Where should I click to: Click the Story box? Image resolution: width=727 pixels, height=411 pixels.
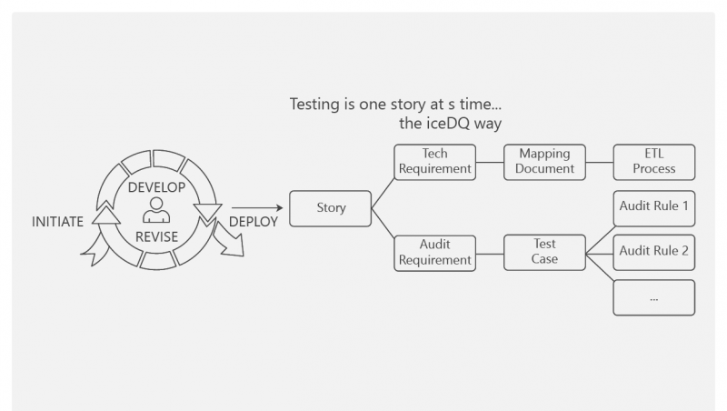331,208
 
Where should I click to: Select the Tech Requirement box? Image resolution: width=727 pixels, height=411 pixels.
435,161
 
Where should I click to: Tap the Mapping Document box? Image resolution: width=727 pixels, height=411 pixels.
545,161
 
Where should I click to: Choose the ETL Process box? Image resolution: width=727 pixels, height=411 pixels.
654,161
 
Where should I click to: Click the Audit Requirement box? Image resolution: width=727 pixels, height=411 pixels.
435,252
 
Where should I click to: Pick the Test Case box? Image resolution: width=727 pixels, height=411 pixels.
545,252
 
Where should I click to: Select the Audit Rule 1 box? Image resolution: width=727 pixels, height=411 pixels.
654,206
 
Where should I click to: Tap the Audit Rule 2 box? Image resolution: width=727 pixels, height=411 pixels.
654,252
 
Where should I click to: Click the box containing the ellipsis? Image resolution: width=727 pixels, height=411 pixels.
654,297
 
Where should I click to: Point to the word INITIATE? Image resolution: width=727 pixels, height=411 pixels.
58,221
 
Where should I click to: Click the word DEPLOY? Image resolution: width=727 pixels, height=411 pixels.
254,221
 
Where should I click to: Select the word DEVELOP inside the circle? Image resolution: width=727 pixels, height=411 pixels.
156,187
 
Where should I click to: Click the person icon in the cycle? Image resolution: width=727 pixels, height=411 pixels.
156,212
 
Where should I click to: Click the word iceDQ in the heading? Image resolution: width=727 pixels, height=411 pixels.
452,123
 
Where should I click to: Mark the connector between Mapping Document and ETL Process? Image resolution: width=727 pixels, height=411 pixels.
600,161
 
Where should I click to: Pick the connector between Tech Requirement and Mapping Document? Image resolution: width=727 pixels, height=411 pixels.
491,161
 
